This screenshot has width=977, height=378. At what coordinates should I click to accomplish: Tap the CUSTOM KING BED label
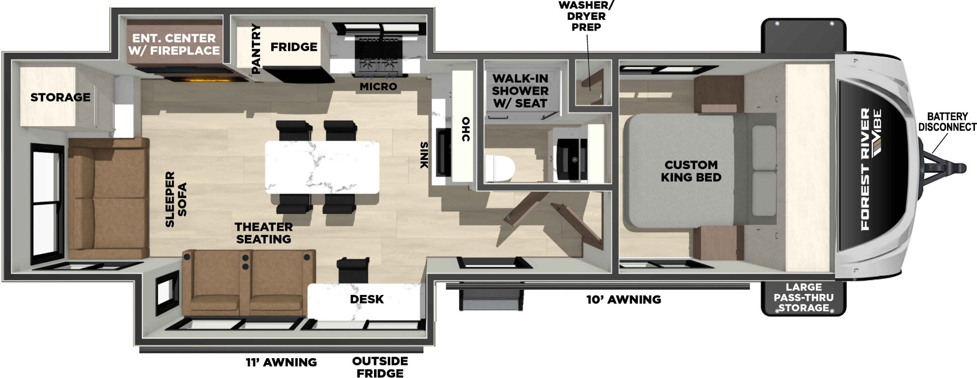click(x=691, y=171)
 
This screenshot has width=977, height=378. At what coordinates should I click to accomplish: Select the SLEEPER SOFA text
click(x=176, y=199)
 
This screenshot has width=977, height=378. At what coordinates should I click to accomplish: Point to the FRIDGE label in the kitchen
click(x=294, y=47)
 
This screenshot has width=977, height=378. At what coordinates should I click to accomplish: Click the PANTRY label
click(x=256, y=48)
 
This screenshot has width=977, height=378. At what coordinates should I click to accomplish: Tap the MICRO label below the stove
click(x=378, y=87)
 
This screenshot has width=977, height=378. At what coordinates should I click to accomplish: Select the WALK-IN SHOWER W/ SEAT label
click(x=520, y=91)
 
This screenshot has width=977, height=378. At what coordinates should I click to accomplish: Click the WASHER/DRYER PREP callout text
click(x=586, y=16)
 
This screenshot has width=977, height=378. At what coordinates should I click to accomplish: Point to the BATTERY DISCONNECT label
click(x=947, y=122)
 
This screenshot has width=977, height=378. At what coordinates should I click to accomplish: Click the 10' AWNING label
click(x=623, y=300)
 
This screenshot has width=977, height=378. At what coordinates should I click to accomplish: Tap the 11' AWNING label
click(x=281, y=362)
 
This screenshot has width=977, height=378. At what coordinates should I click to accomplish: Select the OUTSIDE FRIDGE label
click(x=380, y=367)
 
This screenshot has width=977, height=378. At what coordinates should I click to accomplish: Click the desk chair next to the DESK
click(x=353, y=269)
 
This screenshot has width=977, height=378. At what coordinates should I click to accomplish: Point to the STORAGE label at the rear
click(x=60, y=97)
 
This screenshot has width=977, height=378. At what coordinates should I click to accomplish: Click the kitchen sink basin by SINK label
click(x=443, y=152)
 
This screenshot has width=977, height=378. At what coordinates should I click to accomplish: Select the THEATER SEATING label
click(x=263, y=233)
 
